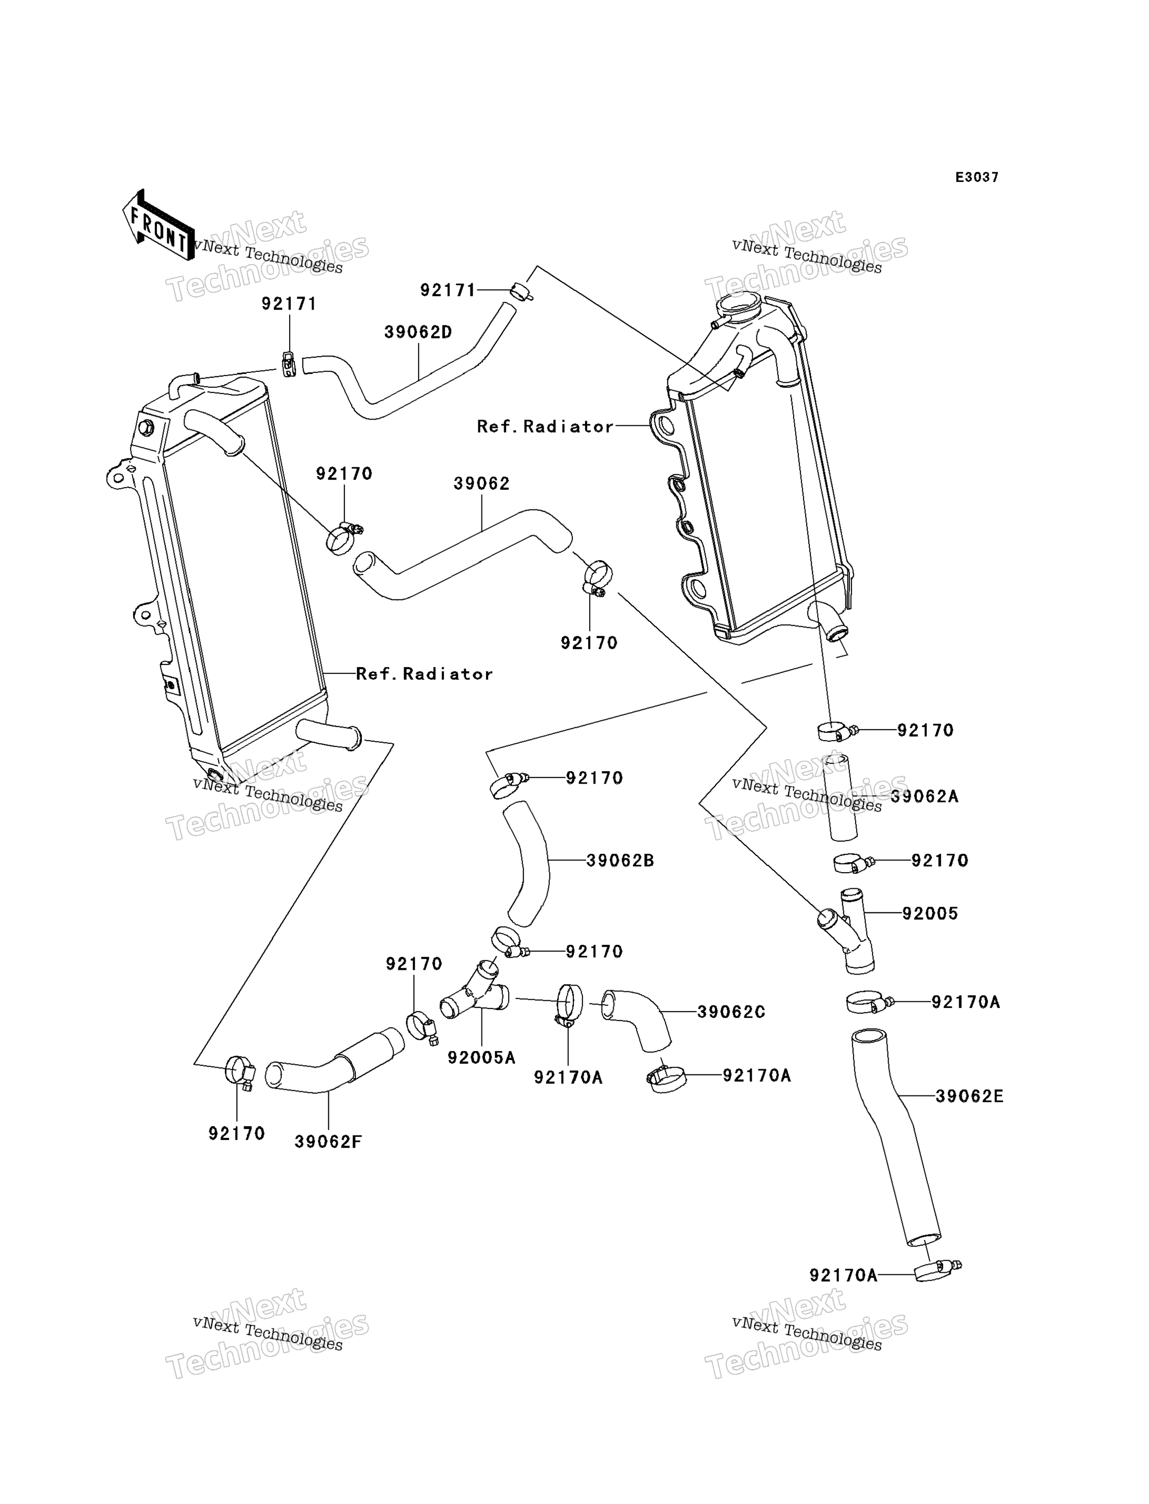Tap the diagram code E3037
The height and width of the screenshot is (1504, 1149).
(x=976, y=177)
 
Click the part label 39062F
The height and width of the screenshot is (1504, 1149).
(x=328, y=1141)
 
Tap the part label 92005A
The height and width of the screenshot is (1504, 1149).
(x=481, y=1057)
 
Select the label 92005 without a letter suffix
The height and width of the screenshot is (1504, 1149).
(x=930, y=913)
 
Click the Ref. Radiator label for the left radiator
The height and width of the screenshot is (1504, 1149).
(x=424, y=674)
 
